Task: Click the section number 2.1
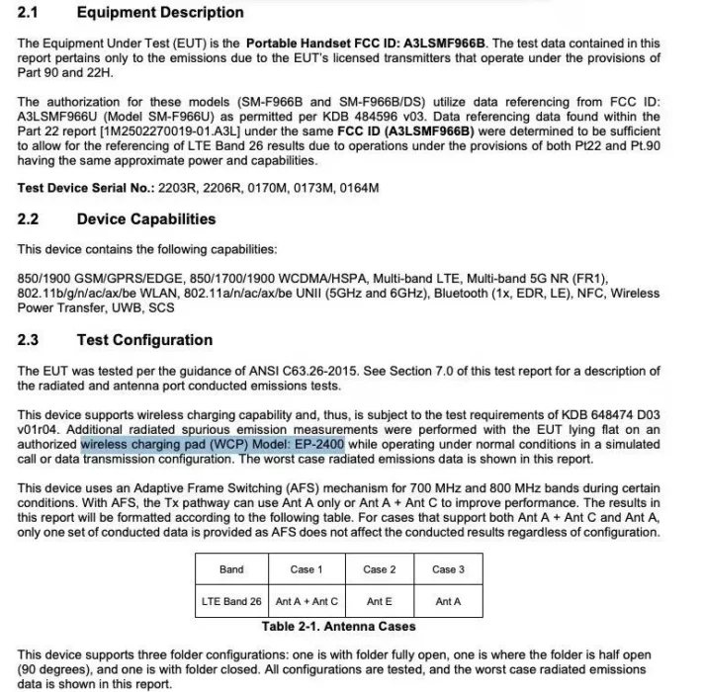click(x=30, y=13)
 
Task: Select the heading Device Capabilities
click(x=145, y=218)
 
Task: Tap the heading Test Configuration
click(x=144, y=340)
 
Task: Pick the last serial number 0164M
click(x=360, y=187)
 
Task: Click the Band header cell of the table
click(x=231, y=569)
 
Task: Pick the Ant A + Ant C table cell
click(x=307, y=601)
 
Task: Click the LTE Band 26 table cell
click(x=231, y=601)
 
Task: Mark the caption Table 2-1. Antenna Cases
click(x=339, y=626)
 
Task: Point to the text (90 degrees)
click(x=50, y=669)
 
